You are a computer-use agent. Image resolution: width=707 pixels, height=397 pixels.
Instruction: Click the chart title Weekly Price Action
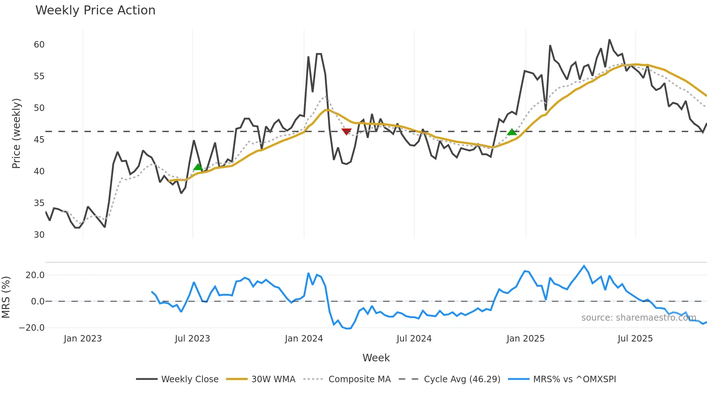pos(95,10)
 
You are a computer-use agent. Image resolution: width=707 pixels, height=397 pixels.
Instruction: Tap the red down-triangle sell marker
pos(346,131)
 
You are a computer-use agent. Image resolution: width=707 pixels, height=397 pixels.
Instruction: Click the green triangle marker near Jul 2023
pos(198,167)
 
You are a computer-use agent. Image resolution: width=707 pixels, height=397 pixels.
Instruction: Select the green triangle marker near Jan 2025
pos(512,132)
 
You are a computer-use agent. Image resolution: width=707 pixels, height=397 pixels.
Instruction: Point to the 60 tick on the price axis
pos(39,45)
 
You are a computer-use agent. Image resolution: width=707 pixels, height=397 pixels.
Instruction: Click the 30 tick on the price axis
pos(39,235)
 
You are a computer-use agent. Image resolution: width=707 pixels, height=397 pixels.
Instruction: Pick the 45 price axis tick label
pos(39,140)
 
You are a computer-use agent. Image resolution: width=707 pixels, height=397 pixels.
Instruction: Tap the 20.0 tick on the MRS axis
pos(35,275)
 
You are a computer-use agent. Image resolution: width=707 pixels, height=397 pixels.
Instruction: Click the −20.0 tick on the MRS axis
pos(32,328)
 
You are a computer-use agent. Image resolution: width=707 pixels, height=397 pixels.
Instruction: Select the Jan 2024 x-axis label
pos(304,339)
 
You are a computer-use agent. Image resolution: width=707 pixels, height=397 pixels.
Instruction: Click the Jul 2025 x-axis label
pos(635,339)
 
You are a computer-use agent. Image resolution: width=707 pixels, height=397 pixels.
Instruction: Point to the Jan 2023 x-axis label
pos(83,339)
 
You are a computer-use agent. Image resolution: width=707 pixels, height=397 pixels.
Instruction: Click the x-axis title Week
pos(376,358)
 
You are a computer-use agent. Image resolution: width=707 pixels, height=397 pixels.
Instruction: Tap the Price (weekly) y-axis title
pos(17,133)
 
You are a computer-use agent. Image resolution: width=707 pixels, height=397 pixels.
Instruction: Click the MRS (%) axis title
pos(6,297)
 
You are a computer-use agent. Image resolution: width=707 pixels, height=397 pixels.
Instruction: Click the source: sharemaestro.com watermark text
pos(638,318)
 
